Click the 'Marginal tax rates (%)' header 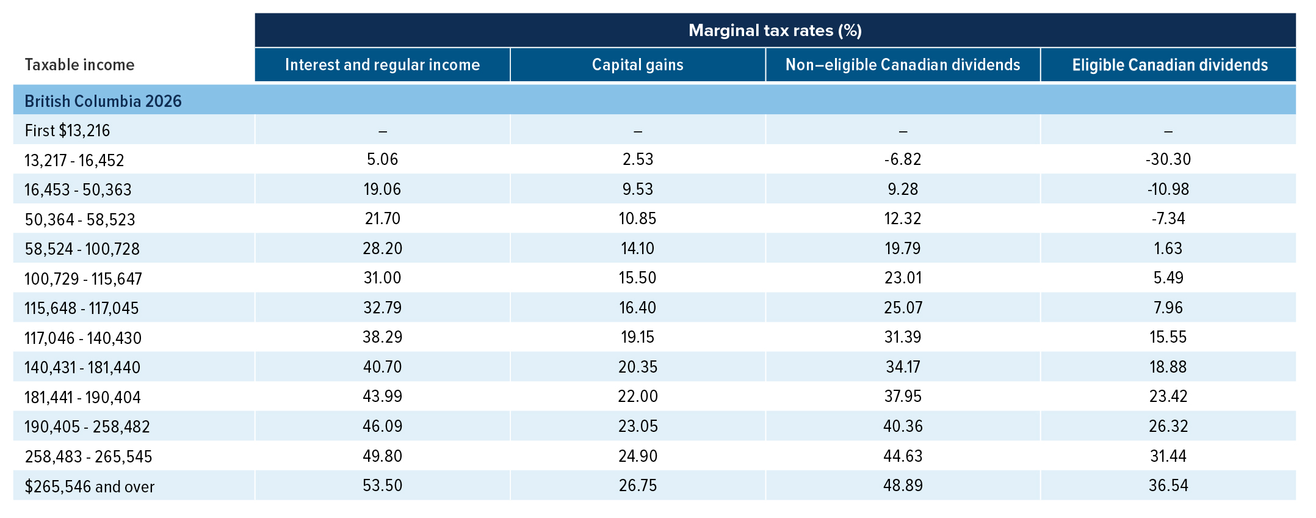point(775,31)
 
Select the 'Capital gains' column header point(638,65)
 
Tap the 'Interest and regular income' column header point(383,65)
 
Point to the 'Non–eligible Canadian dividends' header point(903,65)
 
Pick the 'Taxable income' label point(79,65)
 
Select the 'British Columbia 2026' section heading point(103,101)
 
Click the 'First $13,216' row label point(67,130)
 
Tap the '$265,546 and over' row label point(89,486)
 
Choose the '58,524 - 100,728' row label point(82,249)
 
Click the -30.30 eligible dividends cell point(1168,159)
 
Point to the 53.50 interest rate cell point(383,486)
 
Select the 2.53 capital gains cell point(638,159)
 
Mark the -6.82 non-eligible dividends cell point(903,159)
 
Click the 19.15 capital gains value point(638,337)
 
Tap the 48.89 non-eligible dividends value point(903,486)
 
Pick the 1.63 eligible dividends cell point(1168,249)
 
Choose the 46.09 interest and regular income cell point(383,426)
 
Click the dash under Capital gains point(638,131)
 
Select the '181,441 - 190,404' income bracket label point(82,397)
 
